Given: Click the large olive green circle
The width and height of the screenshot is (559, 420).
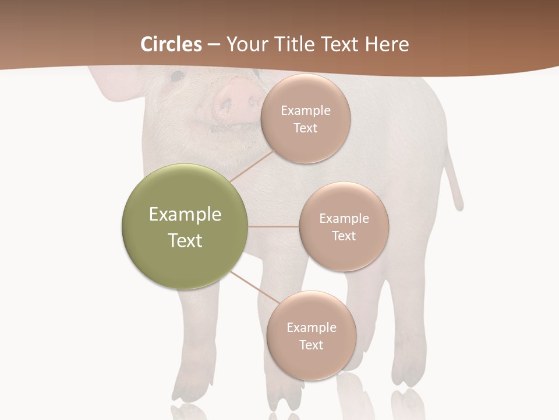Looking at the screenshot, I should click(x=185, y=226).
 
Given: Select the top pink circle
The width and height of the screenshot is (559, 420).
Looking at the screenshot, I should click(x=305, y=118).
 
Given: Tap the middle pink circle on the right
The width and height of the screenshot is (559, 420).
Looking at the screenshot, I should click(x=344, y=226).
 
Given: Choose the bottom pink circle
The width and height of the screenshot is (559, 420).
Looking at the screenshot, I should click(x=311, y=335).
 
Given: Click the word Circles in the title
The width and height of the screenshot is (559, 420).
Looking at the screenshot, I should click(x=171, y=44).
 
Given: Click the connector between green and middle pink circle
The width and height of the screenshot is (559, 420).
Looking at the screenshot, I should click(x=273, y=226).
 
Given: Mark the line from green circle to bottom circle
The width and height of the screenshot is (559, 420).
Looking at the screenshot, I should click(x=254, y=287).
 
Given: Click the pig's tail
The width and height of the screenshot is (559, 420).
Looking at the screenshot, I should click(x=454, y=181).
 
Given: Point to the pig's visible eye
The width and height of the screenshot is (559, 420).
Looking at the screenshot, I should click(x=177, y=76).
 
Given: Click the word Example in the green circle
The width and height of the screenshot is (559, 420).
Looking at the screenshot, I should click(x=185, y=215).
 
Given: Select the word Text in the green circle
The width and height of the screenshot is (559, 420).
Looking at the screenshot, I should click(x=185, y=240).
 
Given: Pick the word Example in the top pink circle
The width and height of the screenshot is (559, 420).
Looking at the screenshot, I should click(x=305, y=111).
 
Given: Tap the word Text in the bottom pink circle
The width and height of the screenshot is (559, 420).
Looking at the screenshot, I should click(x=311, y=345).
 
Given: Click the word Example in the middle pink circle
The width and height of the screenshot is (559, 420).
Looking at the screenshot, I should click(x=344, y=219).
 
